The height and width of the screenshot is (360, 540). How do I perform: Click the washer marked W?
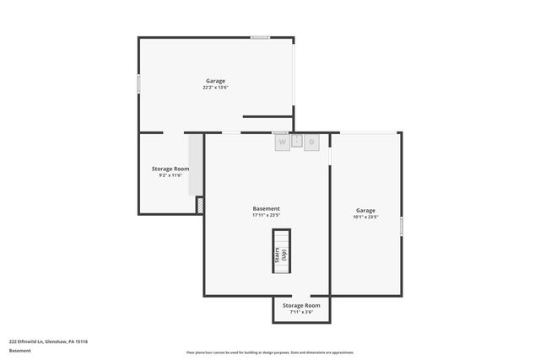pyautogui.click(x=282, y=142)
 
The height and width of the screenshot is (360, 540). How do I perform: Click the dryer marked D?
pyautogui.click(x=311, y=142)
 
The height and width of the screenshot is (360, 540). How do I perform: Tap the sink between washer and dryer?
pyautogui.click(x=297, y=141)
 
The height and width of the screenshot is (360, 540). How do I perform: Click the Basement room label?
pyautogui.click(x=267, y=208)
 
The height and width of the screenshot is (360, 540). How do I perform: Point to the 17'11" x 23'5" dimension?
pyautogui.click(x=267, y=215)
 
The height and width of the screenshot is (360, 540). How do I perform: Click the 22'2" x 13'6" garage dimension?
pyautogui.click(x=215, y=88)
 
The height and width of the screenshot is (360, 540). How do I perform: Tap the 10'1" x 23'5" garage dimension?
pyautogui.click(x=365, y=217)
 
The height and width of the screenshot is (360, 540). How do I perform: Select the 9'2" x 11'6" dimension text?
pyautogui.click(x=170, y=175)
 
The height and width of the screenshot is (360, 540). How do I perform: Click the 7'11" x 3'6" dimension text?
pyautogui.click(x=301, y=312)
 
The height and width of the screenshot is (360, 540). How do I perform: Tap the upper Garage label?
pyautogui.click(x=215, y=81)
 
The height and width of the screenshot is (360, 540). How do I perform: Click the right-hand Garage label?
pyautogui.click(x=365, y=210)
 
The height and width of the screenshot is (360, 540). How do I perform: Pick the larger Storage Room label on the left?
pyautogui.click(x=170, y=169)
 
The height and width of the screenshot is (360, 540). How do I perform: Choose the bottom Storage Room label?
pyautogui.click(x=301, y=305)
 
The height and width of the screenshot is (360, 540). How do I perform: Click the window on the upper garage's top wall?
pyautogui.click(x=260, y=37)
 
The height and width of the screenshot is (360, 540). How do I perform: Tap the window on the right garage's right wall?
pyautogui.click(x=402, y=226)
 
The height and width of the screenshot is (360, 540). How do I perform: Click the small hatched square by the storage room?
pyautogui.click(x=200, y=204)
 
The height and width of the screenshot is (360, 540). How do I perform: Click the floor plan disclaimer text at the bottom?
pyautogui.click(x=270, y=352)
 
